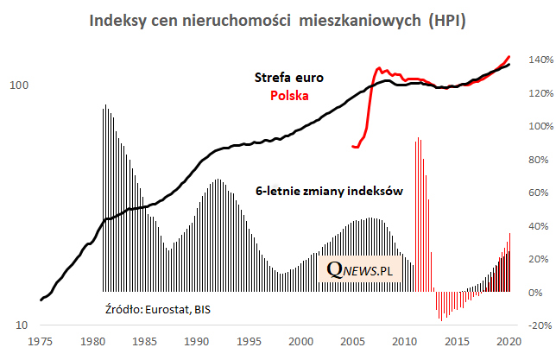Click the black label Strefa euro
point(289,78)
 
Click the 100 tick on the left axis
point(19,85)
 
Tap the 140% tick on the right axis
point(539,60)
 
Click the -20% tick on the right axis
point(539,325)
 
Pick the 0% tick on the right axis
point(535,293)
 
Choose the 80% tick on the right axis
point(537,160)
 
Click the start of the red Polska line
point(352,147)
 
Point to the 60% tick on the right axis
point(537,193)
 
